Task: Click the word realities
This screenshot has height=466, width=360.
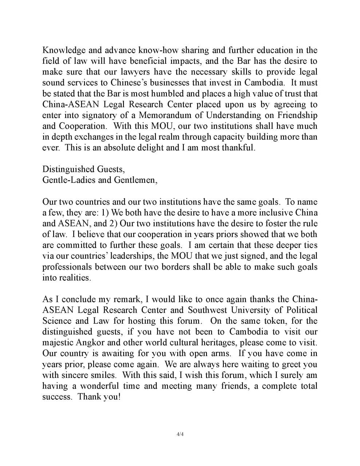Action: [76, 278]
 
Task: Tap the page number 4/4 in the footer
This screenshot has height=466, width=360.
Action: [180, 434]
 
